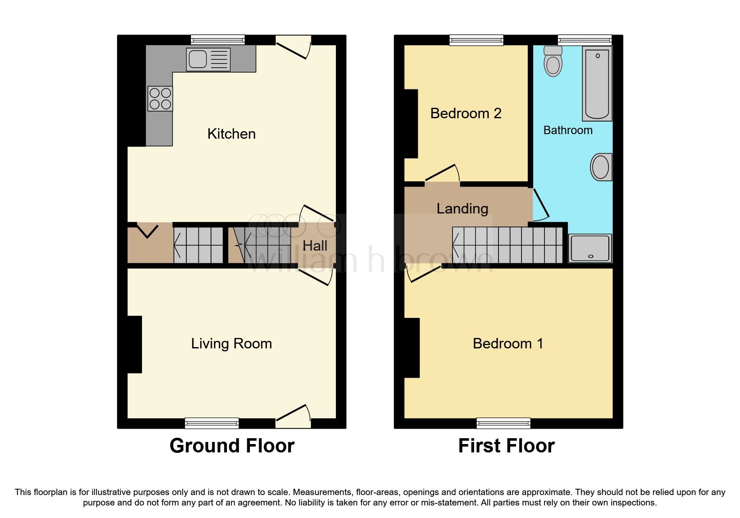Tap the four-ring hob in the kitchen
pos(160,99)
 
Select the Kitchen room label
pos(231,134)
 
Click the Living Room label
pos(231,343)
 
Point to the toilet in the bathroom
pos(553,62)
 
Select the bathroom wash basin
pos(601,167)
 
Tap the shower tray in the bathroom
pos(590,248)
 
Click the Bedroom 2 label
pos(465,114)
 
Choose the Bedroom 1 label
pos(508,343)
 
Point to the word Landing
pos(462,208)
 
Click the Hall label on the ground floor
pos(315,246)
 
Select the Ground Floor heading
pos(232,446)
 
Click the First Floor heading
pos(506,446)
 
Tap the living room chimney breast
pos(135,344)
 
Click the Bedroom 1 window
pos(504,423)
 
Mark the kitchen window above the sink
pos(218,40)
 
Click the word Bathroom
pos(567,130)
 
